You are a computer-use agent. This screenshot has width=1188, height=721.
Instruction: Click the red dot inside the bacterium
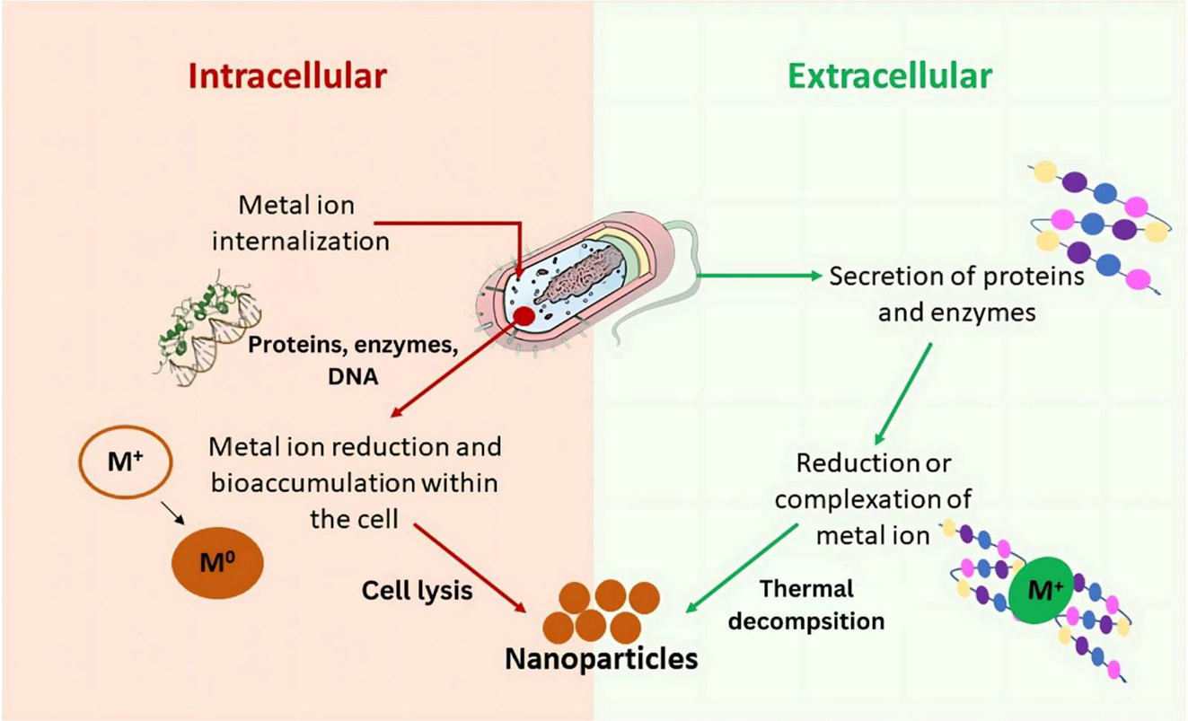point(524,315)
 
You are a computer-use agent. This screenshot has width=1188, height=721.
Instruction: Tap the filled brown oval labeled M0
point(218,562)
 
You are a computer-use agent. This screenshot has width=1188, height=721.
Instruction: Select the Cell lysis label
point(417,591)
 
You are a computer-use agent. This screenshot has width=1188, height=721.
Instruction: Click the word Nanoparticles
point(602,660)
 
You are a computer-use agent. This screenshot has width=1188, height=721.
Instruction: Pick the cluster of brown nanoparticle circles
point(602,609)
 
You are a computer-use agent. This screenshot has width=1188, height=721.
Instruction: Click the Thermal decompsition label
point(805,604)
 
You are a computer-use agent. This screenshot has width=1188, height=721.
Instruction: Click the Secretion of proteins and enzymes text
point(955,294)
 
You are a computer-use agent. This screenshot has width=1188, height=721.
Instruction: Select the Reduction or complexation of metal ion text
point(873,499)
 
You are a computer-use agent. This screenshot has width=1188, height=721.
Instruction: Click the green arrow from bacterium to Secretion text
point(754,275)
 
